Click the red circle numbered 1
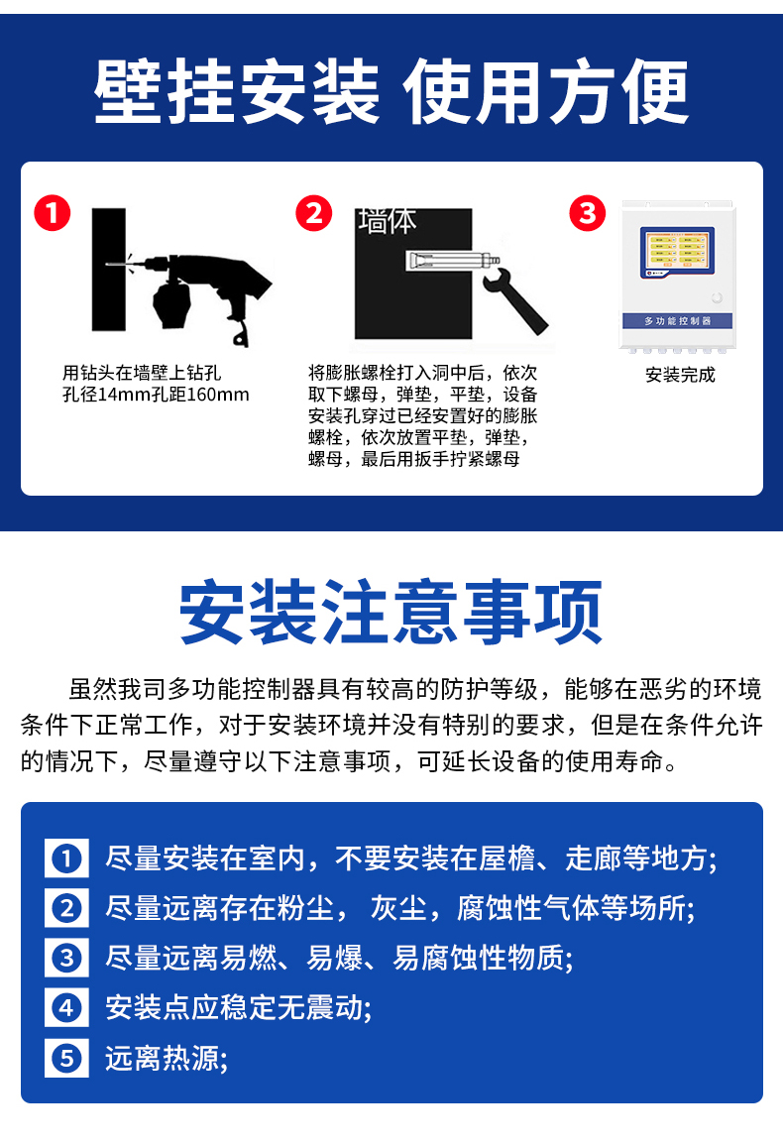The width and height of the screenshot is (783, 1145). pos(53,213)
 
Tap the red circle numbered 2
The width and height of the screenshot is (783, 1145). pos(314,213)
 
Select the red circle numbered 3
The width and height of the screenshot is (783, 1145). pos(587,213)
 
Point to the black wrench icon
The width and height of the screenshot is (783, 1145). pos(513,297)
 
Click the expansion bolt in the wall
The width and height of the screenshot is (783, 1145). pos(452,262)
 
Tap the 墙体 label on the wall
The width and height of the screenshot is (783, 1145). pos(388,221)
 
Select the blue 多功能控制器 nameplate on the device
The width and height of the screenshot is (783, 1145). pos(678,321)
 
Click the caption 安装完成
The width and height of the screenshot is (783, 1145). pos(679,375)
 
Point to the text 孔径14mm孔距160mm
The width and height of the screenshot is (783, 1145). pos(156,395)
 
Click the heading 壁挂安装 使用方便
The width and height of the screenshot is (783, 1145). pos(391,92)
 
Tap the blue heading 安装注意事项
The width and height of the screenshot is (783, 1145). pos(391,612)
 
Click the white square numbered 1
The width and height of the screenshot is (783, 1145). pos(66,858)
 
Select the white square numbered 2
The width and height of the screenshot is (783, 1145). pos(66,907)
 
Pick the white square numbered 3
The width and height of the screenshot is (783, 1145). pos(66,958)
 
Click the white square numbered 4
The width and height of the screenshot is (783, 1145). pos(66,1008)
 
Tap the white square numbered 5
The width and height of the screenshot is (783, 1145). pos(66,1059)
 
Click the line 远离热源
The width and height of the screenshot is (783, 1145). pos(167,1059)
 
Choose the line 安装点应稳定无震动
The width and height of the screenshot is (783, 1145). pos(238,1008)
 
